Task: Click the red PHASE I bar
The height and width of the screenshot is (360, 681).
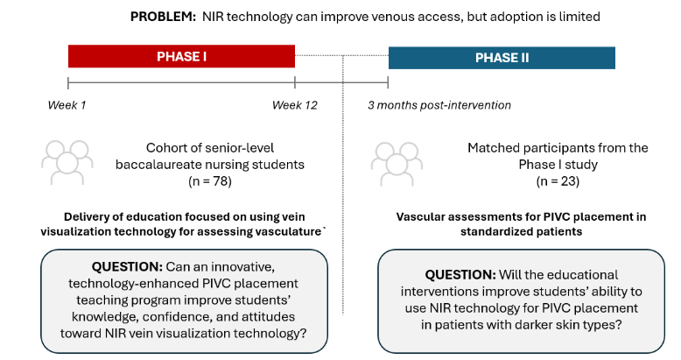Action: click(x=181, y=57)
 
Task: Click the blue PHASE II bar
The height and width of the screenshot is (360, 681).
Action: click(x=502, y=58)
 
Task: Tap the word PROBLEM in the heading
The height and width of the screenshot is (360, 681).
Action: click(x=162, y=17)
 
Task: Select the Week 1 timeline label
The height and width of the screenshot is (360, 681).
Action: click(x=67, y=105)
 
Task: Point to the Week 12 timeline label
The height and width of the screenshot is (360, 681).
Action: click(x=294, y=105)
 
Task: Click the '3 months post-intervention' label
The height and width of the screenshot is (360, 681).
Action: click(x=439, y=105)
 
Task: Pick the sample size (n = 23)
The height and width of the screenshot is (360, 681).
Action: click(x=557, y=182)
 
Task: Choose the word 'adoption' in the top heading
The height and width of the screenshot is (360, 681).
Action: click(x=460, y=17)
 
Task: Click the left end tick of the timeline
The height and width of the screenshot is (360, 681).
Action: click(x=68, y=83)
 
